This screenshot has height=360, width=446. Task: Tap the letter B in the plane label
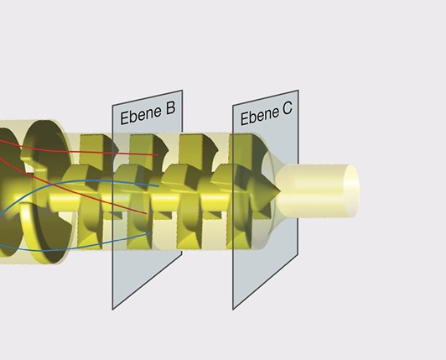[170, 107]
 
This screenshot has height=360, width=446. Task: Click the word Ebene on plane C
[259, 115]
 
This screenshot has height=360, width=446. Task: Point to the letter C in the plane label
[287, 108]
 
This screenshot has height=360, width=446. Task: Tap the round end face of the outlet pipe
[351, 190]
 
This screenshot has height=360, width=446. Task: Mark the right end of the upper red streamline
[158, 155]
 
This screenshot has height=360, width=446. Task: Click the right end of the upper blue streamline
[158, 186]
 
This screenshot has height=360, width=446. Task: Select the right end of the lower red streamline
[147, 213]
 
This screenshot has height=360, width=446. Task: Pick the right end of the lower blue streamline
[151, 233]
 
